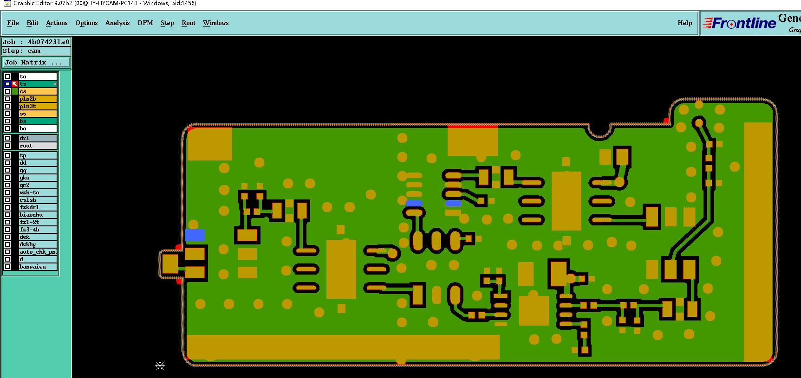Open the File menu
click(x=13, y=23)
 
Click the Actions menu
click(x=57, y=23)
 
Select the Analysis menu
click(x=117, y=23)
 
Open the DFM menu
click(x=145, y=23)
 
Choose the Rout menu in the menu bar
click(x=189, y=23)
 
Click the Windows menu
click(x=215, y=23)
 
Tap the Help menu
click(x=684, y=23)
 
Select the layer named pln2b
click(x=38, y=99)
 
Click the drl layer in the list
click(x=38, y=138)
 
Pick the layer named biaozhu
click(x=38, y=215)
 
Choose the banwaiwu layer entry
click(x=38, y=267)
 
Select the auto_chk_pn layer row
click(x=38, y=252)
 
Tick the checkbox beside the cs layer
click(x=7, y=91)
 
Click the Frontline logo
click(x=739, y=23)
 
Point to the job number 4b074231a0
click(x=48, y=42)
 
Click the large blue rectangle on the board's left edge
click(x=195, y=235)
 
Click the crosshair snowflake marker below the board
click(x=160, y=366)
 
